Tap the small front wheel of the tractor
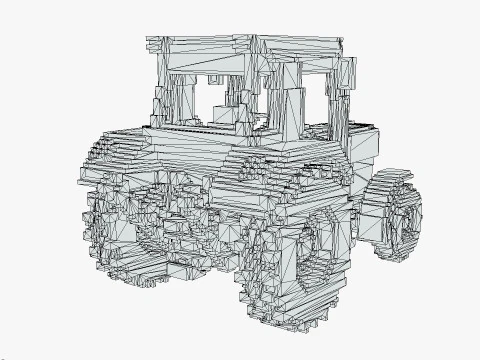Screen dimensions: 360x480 tap(391, 215)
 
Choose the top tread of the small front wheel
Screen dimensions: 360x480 tap(390, 180)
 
